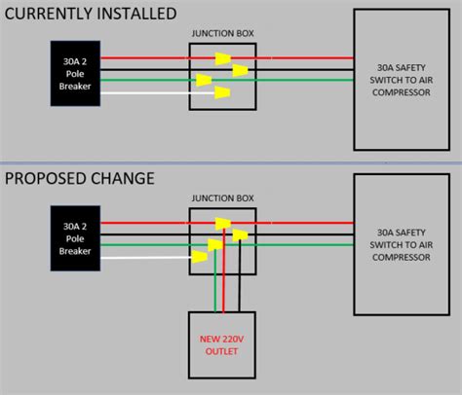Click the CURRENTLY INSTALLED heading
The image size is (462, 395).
click(90, 14)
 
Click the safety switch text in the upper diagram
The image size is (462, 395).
click(403, 74)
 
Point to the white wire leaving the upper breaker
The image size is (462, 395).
click(146, 93)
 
